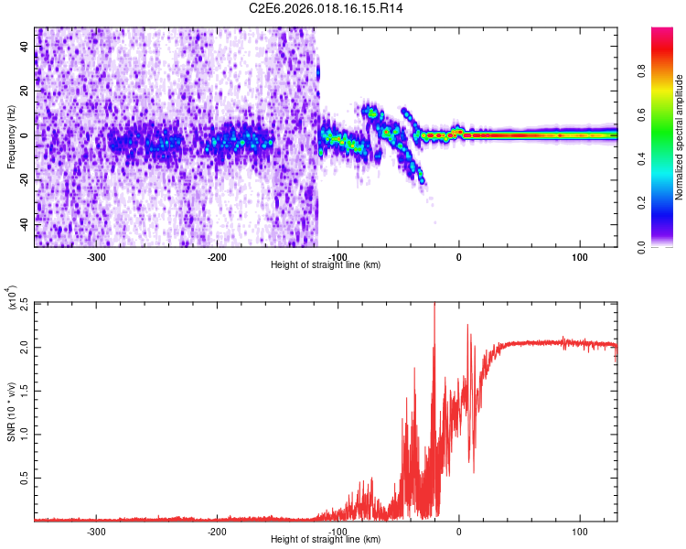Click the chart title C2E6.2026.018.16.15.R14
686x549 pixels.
point(327,8)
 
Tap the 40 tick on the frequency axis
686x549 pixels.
point(24,48)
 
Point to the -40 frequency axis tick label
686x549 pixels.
point(22,223)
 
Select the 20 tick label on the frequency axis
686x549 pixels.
point(24,91)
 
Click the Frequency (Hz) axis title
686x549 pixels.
point(10,137)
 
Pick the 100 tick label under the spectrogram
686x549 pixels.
point(579,258)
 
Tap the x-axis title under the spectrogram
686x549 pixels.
point(326,265)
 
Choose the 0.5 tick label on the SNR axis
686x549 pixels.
point(22,478)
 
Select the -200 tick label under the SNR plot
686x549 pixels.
point(217,532)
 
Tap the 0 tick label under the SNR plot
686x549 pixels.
point(459,532)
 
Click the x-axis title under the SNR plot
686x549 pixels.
point(326,540)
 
